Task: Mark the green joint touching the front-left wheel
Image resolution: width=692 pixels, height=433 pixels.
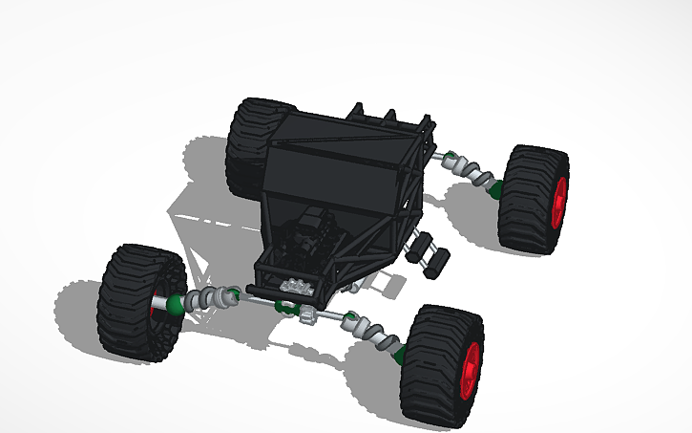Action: (x=177, y=306)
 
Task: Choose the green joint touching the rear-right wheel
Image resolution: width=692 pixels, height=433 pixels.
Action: (x=495, y=187)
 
